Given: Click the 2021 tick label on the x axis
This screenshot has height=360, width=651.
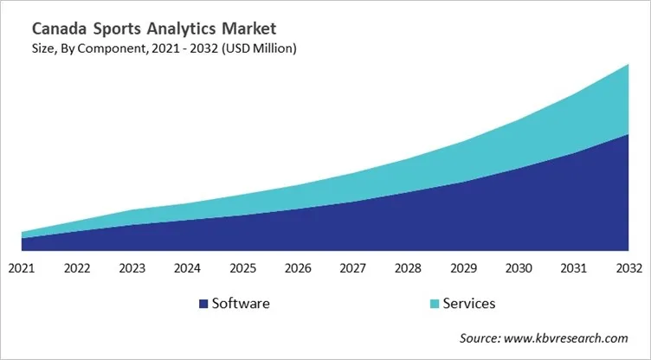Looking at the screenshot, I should tap(21, 268).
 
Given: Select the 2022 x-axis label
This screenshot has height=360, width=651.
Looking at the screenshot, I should tap(77, 268).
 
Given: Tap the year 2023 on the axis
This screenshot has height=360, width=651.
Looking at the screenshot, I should tap(132, 268).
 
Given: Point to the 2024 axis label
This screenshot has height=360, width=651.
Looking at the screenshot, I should tap(188, 268).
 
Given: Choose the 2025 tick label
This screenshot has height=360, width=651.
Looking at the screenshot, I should tap(243, 268).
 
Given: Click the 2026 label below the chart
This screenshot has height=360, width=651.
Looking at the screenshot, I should tap(299, 268).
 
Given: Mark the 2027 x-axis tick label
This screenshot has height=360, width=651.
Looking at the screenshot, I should tap(354, 268).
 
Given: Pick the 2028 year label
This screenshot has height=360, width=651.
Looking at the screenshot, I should tap(409, 268).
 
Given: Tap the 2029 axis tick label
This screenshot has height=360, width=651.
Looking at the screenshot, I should tap(465, 268).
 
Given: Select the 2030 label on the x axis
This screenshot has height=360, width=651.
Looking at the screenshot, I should tap(520, 268).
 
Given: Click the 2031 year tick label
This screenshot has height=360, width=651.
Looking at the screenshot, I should tap(576, 268).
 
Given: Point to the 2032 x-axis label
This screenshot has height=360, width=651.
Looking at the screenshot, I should tap(629, 268).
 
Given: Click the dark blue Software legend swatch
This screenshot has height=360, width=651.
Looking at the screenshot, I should tap(203, 304).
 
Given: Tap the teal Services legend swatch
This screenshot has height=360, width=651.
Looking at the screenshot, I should tap(434, 304).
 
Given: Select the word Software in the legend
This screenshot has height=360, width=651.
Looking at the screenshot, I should tap(241, 304).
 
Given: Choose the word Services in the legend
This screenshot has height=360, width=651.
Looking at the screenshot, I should tap(468, 304).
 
